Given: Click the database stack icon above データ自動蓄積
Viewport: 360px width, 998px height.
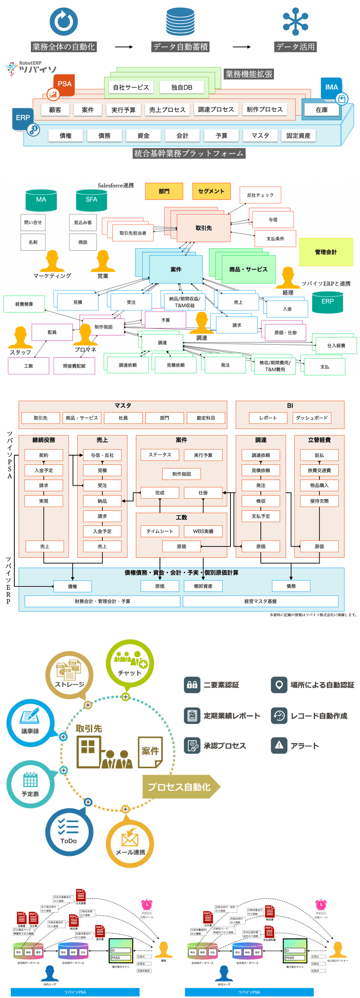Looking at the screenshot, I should pyautogui.click(x=180, y=22).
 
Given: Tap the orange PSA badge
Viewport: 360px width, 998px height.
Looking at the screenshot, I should pyautogui.click(x=64, y=84).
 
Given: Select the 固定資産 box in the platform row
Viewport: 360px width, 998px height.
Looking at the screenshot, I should pyautogui.click(x=298, y=136).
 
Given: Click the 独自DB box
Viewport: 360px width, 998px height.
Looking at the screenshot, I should pyautogui.click(x=182, y=87).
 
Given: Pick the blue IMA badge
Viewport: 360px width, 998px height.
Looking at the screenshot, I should pyautogui.click(x=331, y=87).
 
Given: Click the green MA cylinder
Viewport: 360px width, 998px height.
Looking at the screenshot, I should pyautogui.click(x=41, y=200).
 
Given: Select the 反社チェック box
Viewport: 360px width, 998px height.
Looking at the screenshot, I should pyautogui.click(x=260, y=195).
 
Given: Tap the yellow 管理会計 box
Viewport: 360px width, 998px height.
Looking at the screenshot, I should pyautogui.click(x=326, y=252).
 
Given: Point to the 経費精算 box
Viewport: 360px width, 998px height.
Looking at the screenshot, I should pyautogui.click(x=24, y=304).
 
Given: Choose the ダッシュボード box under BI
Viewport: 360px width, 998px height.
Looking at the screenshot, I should pyautogui.click(x=312, y=418).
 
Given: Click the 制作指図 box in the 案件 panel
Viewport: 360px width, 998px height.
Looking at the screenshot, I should pyautogui.click(x=181, y=474).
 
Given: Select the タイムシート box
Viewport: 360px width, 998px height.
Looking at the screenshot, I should pyautogui.click(x=160, y=531).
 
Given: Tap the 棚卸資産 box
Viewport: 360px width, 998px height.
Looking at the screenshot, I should pyautogui.click(x=203, y=586).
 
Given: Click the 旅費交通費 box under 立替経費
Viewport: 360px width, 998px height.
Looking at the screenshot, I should pyautogui.click(x=319, y=471).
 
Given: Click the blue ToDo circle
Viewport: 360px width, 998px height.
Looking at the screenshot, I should pyautogui.click(x=69, y=831).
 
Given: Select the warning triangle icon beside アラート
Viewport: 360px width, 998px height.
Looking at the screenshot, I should pyautogui.click(x=279, y=745).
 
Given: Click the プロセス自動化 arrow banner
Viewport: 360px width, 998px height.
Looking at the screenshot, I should pyautogui.click(x=180, y=787).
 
